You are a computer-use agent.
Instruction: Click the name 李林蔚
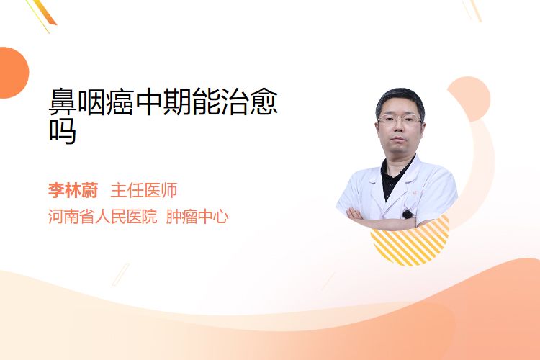point(73,190)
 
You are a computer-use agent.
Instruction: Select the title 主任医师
point(144,190)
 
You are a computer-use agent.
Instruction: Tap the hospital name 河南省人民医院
point(103,216)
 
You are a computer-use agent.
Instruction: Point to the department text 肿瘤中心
point(197,216)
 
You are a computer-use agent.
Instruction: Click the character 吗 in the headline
point(63,131)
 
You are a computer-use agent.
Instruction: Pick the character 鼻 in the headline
point(63,102)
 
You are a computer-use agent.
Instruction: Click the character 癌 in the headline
point(120,102)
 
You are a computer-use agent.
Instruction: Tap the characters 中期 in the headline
point(163,102)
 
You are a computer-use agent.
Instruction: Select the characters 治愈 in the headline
point(249,102)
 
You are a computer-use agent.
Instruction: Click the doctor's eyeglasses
point(400,120)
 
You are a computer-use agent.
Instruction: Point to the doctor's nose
point(399,128)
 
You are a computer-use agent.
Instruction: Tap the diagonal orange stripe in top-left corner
point(43,12)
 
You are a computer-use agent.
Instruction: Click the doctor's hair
point(400,100)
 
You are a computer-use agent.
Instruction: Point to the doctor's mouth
point(398,139)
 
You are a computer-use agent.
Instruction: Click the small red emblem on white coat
point(415,193)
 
